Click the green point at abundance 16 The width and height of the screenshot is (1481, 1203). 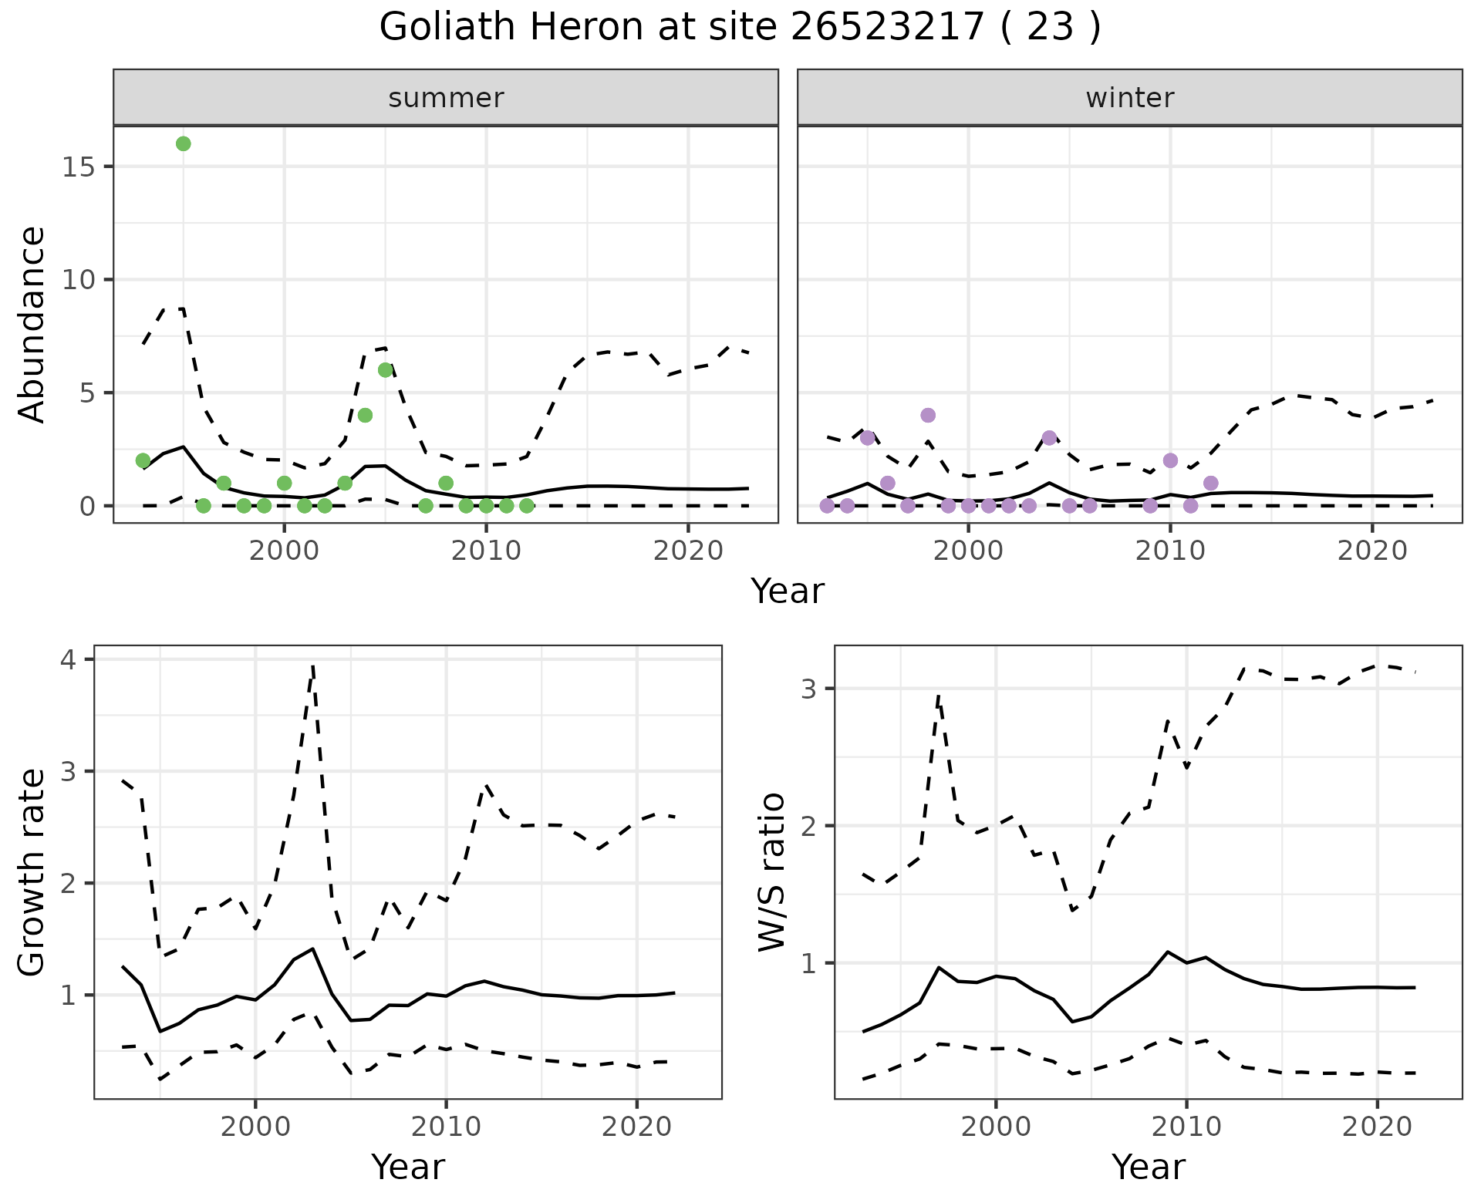tap(183, 143)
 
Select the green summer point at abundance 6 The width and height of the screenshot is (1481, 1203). tap(386, 370)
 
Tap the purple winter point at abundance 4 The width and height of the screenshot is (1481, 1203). tap(928, 415)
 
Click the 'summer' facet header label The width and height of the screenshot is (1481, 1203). tap(446, 98)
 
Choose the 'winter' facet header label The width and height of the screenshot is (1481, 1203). tap(1129, 98)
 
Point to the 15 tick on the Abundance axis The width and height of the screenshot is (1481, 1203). tap(78, 167)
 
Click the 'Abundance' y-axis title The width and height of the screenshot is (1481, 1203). tap(32, 325)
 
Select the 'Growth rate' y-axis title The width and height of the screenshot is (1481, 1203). tap(32, 872)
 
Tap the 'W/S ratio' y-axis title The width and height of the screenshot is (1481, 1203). tap(772, 872)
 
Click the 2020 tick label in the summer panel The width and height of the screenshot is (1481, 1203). tap(687, 551)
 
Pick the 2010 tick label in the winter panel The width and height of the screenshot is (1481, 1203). tap(1170, 551)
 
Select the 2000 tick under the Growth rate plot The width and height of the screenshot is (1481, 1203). tap(255, 1127)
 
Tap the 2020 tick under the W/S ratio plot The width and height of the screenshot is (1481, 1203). tap(1377, 1127)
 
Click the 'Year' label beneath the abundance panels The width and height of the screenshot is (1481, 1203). tap(788, 591)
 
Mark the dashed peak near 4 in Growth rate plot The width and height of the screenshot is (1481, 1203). tap(313, 668)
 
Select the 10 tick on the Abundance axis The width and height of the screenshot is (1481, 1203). tap(78, 279)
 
